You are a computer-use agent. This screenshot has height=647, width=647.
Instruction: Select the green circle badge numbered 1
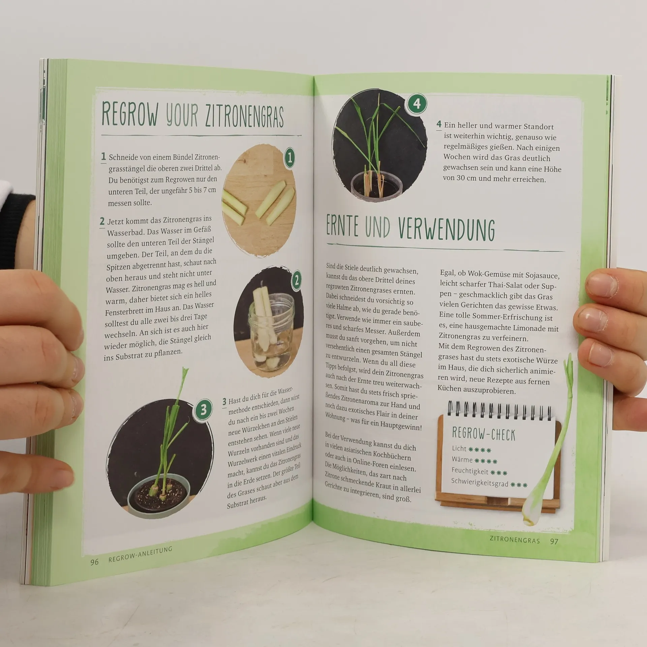[289, 157]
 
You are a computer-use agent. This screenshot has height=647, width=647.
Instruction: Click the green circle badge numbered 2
[296, 280]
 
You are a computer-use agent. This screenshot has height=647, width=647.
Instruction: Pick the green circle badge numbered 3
[203, 410]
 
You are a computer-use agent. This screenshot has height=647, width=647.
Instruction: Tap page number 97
[554, 541]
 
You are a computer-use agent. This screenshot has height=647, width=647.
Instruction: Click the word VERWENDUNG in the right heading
[446, 229]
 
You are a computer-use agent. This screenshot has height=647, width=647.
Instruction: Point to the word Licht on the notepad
[459, 449]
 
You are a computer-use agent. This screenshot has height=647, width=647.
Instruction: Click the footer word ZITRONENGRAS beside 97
[515, 540]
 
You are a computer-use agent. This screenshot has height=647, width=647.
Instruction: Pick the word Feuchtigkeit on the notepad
[470, 471]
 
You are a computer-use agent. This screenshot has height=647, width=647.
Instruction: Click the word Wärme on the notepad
[462, 460]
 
